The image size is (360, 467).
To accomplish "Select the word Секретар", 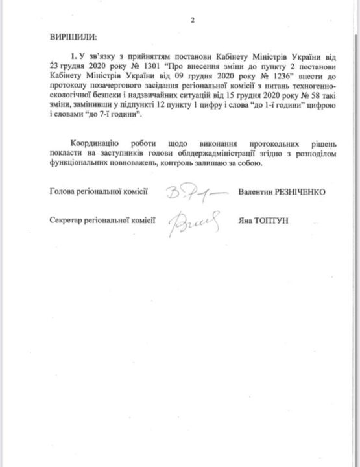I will [67, 221].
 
